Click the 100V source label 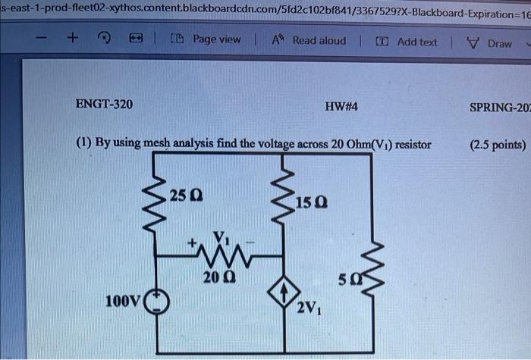(x=122, y=302)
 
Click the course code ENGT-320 (x=104, y=104)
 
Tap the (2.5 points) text (x=497, y=143)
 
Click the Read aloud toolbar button (x=309, y=41)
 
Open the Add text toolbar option (x=408, y=42)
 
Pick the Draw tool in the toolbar (x=492, y=42)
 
